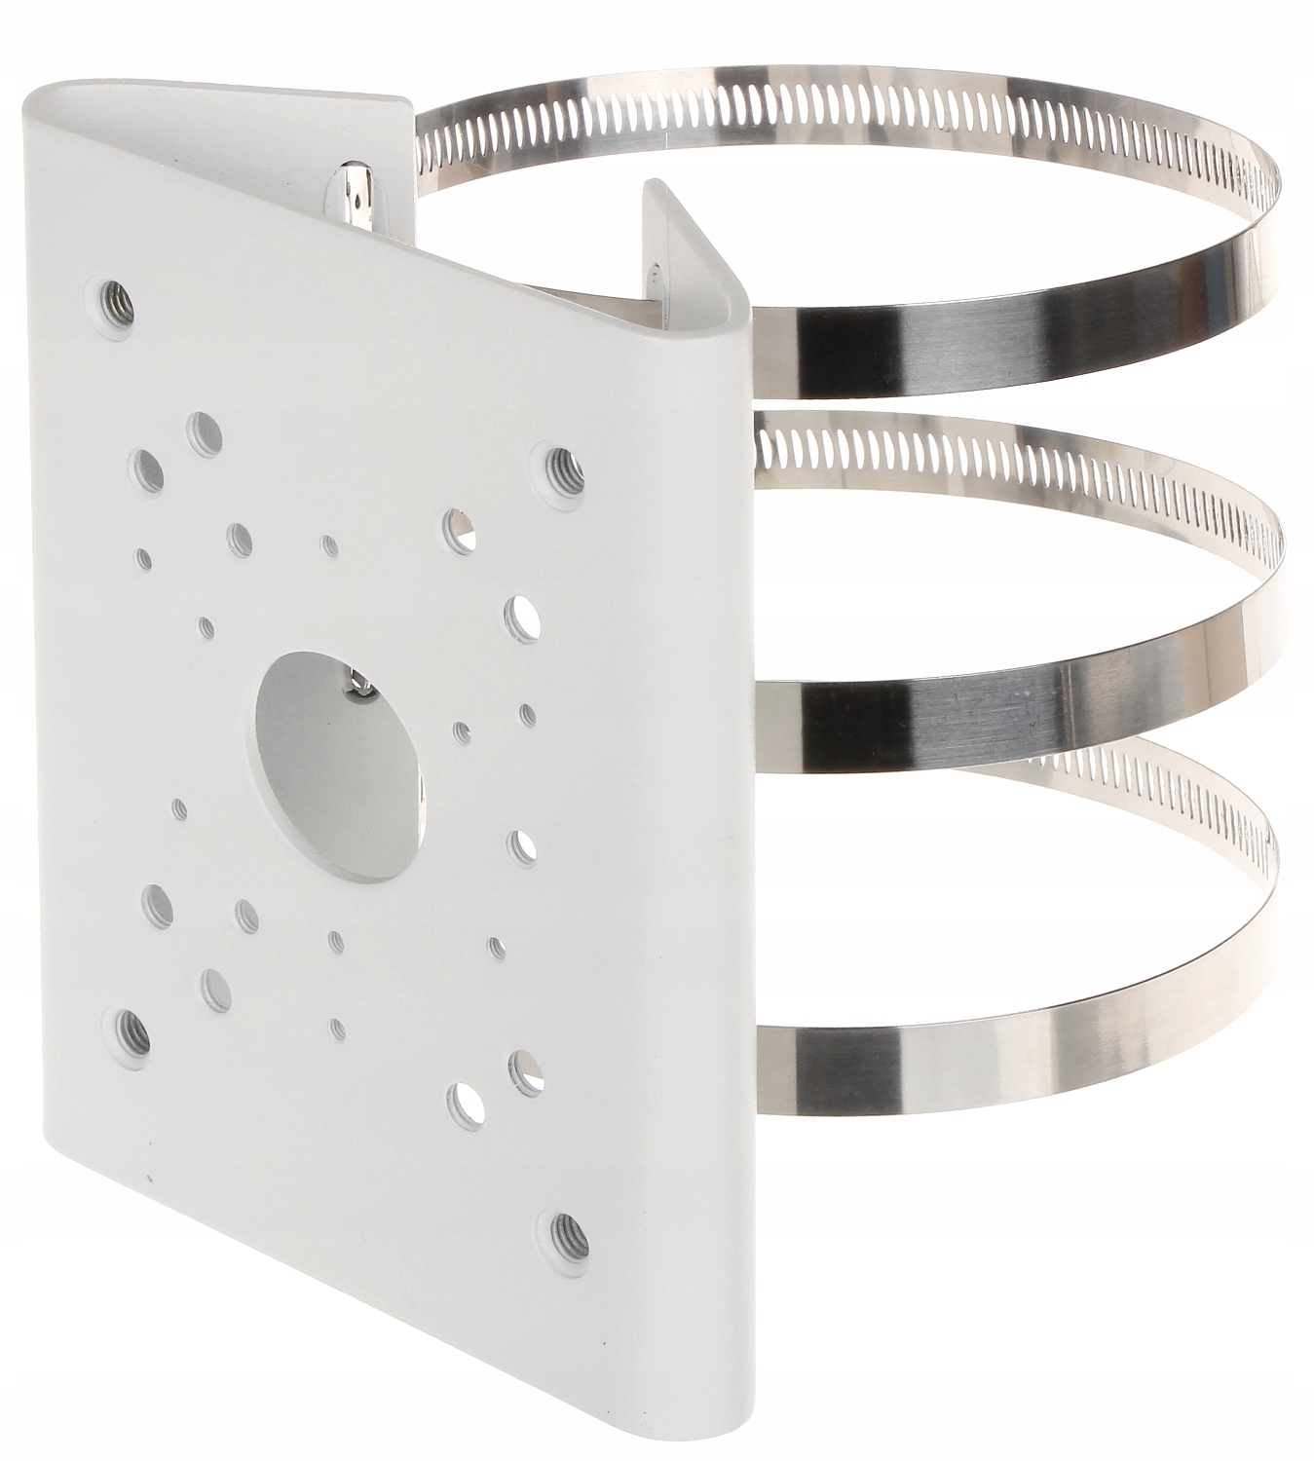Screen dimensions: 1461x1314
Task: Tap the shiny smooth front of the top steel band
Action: (974, 351)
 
